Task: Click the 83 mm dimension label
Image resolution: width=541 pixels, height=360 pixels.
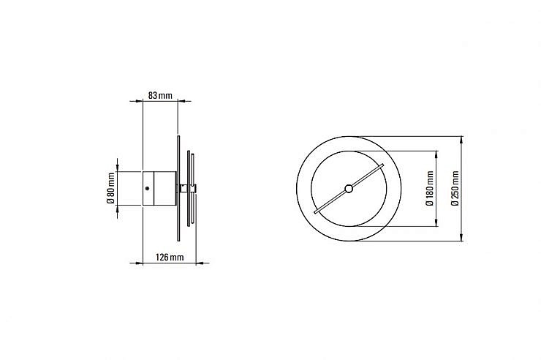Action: [160, 95]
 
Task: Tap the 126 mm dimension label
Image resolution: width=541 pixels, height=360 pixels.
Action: [170, 257]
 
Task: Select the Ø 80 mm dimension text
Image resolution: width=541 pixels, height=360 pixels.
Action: [110, 188]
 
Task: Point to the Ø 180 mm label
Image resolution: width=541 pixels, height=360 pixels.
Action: [430, 189]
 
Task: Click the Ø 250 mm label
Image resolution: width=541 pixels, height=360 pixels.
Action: [455, 189]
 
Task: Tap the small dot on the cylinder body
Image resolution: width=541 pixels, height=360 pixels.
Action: [148, 189]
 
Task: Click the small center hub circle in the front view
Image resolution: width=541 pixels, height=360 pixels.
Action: [349, 189]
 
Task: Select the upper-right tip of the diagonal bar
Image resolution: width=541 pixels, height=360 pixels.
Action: [382, 165]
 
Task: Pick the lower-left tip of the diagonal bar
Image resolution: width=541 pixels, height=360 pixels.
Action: [315, 212]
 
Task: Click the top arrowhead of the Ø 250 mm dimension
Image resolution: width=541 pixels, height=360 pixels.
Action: [462, 140]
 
